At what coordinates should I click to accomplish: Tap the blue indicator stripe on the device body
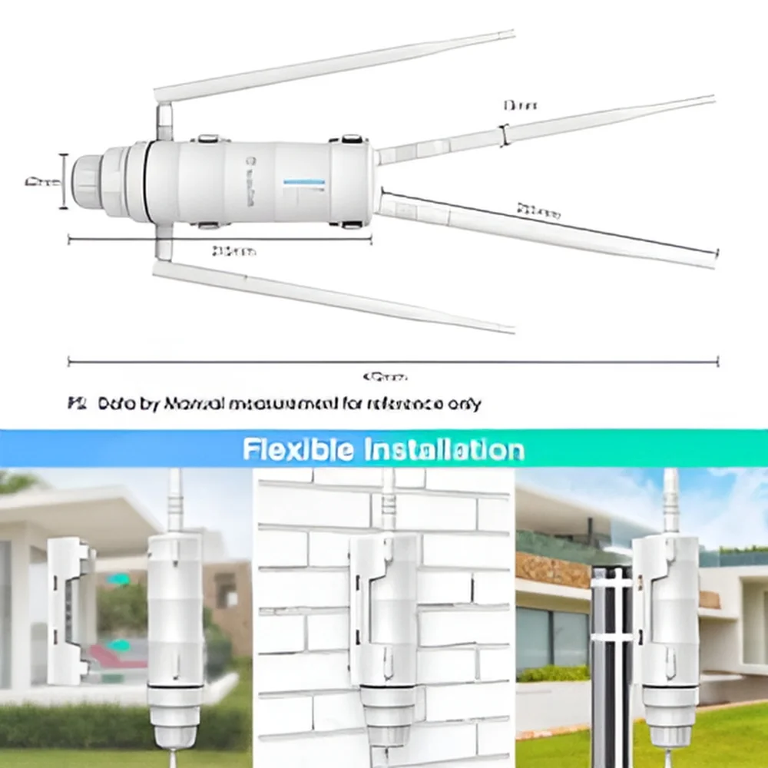[x=304, y=182]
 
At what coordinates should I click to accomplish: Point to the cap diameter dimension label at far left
[x=42, y=182]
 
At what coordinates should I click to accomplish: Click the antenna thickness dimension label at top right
[x=519, y=104]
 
